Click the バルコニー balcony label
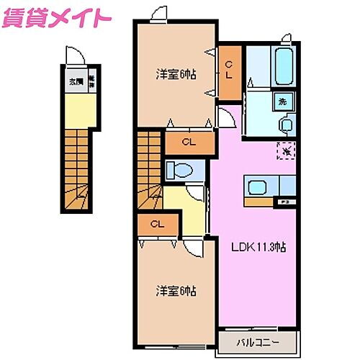click(x=255, y=340)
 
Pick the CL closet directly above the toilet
click(x=190, y=142)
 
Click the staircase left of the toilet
click(x=148, y=173)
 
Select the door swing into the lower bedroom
click(x=192, y=247)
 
